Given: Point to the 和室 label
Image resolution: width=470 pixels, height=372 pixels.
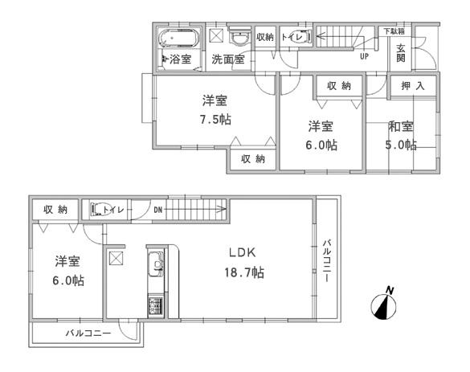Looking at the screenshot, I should (401, 125).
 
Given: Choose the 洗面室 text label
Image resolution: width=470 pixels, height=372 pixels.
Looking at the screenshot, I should (228, 59).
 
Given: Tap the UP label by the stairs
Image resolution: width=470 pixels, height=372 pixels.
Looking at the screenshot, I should (364, 57).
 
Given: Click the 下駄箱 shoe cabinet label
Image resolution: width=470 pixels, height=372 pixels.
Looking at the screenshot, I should (393, 31).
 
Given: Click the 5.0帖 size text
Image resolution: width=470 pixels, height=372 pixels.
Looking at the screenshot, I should (401, 145).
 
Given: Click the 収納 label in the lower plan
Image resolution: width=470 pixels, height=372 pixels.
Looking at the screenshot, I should (55, 210).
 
